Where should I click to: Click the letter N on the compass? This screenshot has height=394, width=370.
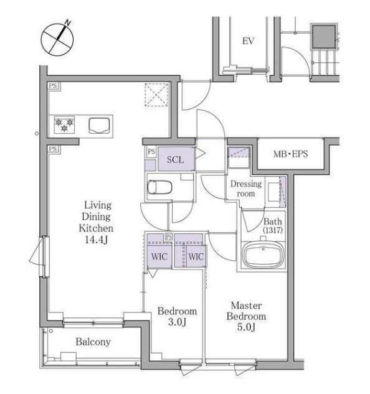(x=67, y=23)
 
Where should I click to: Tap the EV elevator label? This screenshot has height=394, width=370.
(x=249, y=40)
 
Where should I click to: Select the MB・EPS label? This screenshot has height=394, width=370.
(x=290, y=154)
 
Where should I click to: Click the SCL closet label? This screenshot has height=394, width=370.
(x=175, y=159)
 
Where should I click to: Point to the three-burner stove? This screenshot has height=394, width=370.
(x=64, y=124)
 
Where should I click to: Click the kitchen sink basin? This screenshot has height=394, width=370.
(x=100, y=126)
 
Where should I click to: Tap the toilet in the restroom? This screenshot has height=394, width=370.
(x=159, y=187)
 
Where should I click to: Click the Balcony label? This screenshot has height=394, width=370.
(x=93, y=342)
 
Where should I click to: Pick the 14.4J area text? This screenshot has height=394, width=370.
(x=97, y=240)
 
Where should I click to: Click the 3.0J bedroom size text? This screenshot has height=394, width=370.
(x=177, y=322)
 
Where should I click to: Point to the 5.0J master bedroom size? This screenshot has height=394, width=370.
(x=246, y=327)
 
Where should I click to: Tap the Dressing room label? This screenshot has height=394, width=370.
(x=246, y=189)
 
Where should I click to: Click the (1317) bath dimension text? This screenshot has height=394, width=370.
(x=273, y=230)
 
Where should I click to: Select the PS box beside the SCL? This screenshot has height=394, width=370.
(x=151, y=152)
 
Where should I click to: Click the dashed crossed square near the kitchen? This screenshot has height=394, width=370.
(x=156, y=95)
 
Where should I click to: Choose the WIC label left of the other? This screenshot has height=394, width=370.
(x=159, y=257)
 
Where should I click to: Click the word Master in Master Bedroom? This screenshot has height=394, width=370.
(x=246, y=306)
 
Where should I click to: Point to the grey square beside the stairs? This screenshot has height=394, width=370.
(x=324, y=37)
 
